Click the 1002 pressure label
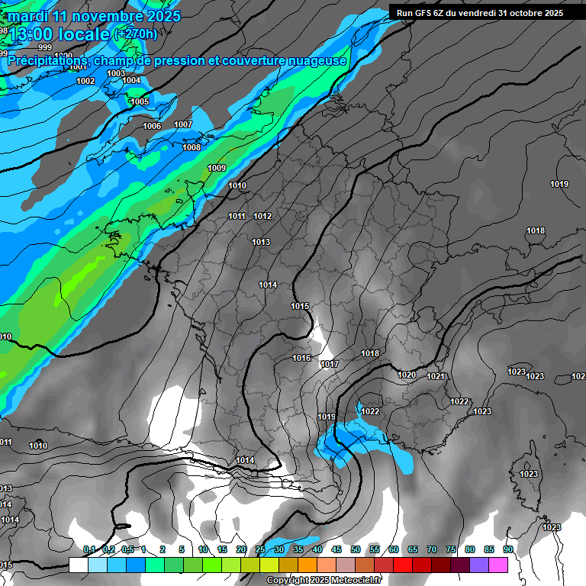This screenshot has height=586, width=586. coord(85,81)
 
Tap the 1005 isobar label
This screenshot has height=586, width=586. coord(140,101)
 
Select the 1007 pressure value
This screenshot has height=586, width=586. coord(183,124)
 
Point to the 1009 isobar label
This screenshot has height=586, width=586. coord(217,168)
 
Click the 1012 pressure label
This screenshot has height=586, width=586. coord(262,216)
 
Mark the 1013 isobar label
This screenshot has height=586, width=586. coord(261,242)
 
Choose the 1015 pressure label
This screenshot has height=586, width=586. coord(300,306)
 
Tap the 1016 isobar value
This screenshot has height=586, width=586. coord(301,358)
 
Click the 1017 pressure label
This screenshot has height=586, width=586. coord(330,364)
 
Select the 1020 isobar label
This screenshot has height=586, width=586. coord(407,375)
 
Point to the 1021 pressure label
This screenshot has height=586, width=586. coord(436,376)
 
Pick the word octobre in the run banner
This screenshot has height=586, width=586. coord(522,13)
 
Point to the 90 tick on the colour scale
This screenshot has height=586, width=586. coord(507,549)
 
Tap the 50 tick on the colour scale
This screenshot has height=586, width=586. coord(356,549)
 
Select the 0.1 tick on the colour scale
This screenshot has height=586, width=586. coord(89,549)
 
